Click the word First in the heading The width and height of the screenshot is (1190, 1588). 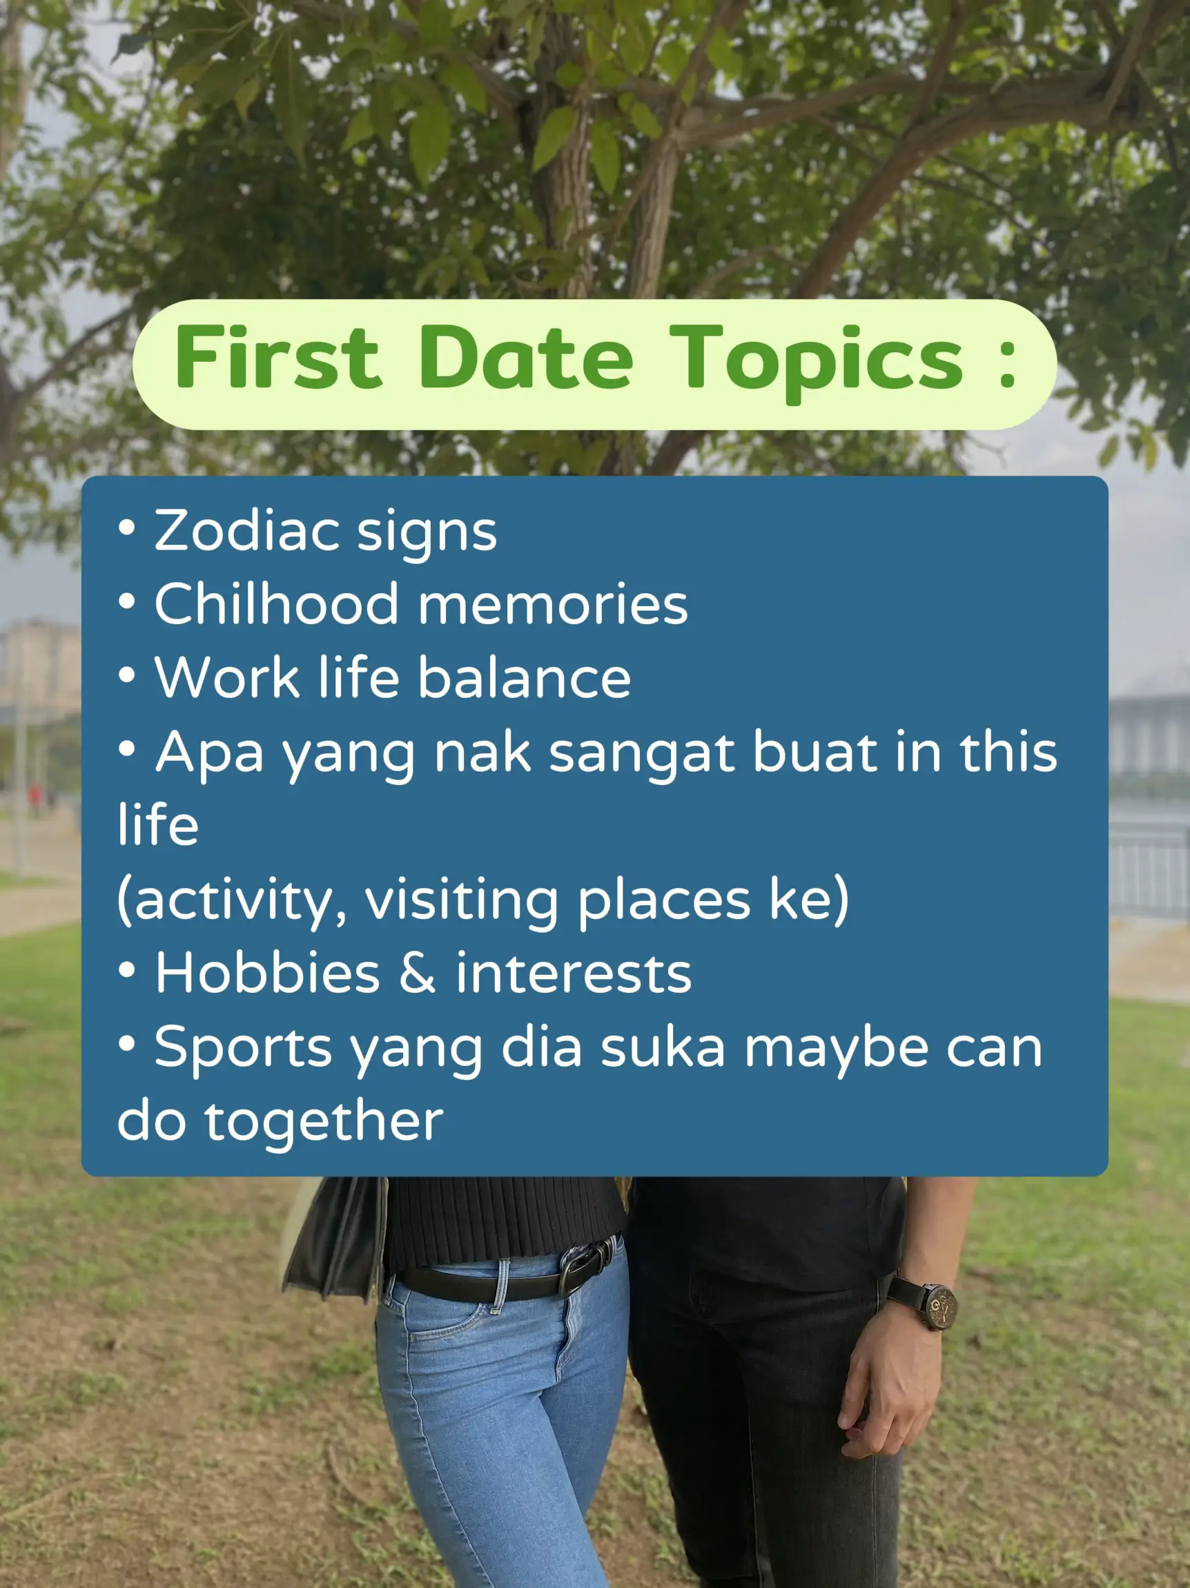click(x=277, y=356)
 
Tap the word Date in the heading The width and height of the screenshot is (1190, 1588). click(x=526, y=356)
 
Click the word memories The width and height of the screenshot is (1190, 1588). click(x=554, y=604)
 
